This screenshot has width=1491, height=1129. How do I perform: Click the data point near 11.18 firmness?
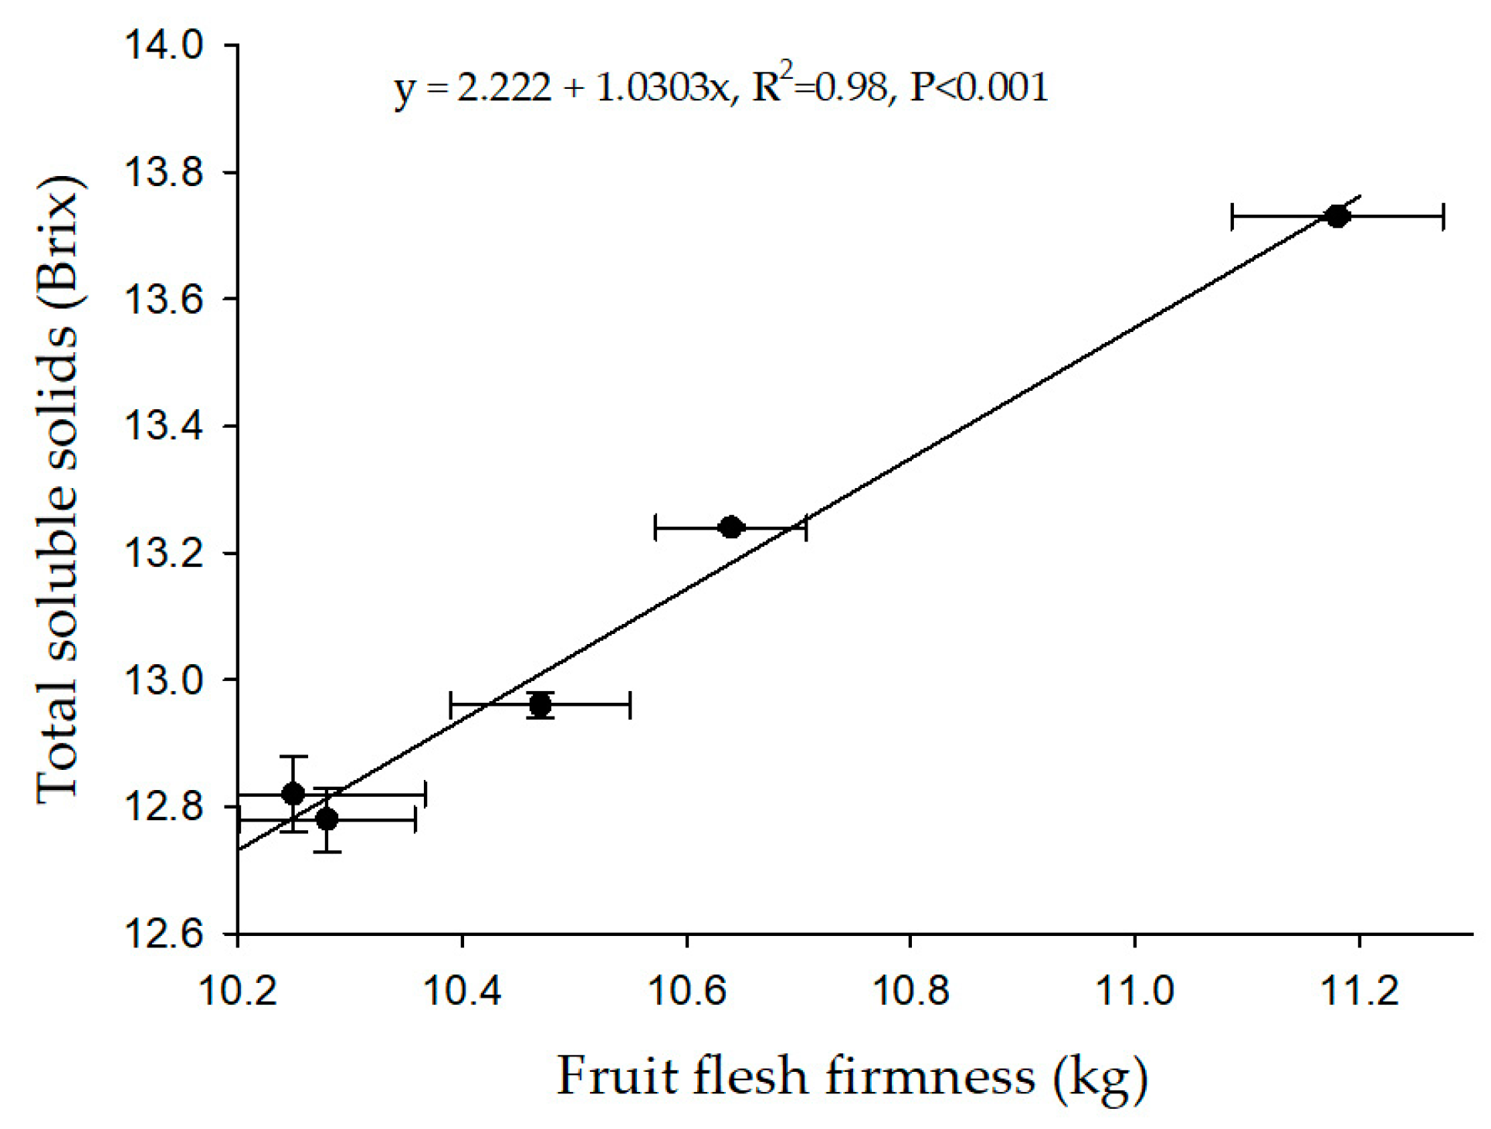tap(1337, 216)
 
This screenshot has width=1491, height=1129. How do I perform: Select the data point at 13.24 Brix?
tap(730, 528)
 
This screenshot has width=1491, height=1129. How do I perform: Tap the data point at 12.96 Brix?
tap(540, 704)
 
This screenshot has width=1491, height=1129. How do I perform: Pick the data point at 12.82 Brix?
tap(293, 793)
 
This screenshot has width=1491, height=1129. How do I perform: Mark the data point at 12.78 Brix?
tap(327, 819)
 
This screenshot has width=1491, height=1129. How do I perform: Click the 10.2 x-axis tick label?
tap(238, 991)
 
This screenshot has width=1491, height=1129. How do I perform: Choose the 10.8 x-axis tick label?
tap(910, 991)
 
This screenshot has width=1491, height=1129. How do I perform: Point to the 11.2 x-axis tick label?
tap(1359, 991)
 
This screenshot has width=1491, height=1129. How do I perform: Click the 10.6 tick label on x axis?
tap(686, 991)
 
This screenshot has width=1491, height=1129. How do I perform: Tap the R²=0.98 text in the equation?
tap(820, 86)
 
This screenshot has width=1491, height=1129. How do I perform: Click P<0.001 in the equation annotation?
tap(979, 86)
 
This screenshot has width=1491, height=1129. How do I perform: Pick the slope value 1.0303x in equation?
tap(662, 88)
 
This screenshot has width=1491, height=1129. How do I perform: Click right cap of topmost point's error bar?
tap(1443, 217)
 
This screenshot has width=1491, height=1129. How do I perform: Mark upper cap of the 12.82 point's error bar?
tap(293, 757)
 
